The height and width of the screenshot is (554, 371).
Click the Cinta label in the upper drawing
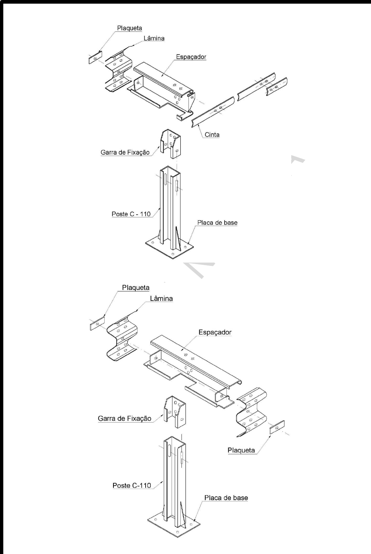[x=212, y=134]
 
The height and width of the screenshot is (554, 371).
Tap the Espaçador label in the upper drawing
[x=191, y=57]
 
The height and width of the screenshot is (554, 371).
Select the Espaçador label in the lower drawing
[x=215, y=332]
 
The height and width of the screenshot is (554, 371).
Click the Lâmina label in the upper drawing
[x=154, y=38]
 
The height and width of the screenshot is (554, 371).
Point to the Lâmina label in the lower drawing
[x=161, y=298]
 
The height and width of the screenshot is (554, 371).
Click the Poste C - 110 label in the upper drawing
[x=131, y=214]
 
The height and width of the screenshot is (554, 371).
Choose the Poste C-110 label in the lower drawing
[x=131, y=485]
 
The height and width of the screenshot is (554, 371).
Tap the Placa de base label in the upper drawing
[x=217, y=223]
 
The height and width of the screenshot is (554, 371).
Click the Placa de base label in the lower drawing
[x=226, y=498]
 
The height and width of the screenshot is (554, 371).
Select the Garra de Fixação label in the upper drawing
[x=125, y=153]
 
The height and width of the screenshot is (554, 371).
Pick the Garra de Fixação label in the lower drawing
[x=124, y=419]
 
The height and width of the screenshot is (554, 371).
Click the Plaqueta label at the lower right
[x=241, y=450]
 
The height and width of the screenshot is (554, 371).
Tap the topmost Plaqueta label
[x=130, y=28]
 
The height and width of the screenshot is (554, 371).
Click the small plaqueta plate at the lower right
[x=277, y=427]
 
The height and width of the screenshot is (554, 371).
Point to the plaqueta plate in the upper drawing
[x=95, y=58]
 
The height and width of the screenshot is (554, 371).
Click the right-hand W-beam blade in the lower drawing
[x=252, y=411]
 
